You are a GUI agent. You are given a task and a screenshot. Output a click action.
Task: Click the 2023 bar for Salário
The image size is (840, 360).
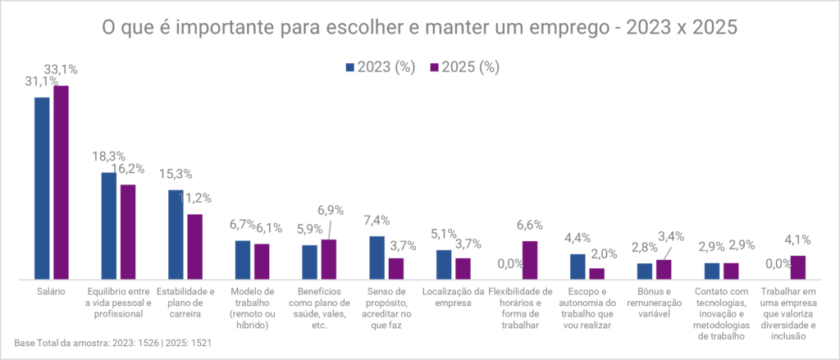pyautogui.click(x=42, y=189)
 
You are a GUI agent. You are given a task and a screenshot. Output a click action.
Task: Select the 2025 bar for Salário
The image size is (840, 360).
pyautogui.click(x=61, y=183)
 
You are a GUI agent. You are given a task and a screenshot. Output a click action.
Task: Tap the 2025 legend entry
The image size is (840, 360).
pyautogui.click(x=465, y=67)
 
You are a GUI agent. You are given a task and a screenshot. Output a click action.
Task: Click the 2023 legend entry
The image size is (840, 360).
pyautogui.click(x=381, y=67)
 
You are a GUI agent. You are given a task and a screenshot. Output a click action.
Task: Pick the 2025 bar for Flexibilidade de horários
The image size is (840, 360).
pyautogui.click(x=530, y=261)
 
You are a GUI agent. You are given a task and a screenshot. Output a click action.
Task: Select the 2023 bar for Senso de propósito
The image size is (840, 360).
pyautogui.click(x=377, y=258)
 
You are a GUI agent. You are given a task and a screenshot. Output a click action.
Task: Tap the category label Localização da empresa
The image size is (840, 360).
pyautogui.click(x=453, y=297)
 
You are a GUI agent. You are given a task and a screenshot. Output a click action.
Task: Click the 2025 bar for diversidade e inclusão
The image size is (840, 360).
pyautogui.click(x=797, y=268)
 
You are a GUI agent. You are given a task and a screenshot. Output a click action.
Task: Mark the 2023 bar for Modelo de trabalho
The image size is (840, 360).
pyautogui.click(x=243, y=261)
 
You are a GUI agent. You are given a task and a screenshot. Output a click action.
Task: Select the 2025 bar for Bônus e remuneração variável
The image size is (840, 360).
pyautogui.click(x=664, y=270)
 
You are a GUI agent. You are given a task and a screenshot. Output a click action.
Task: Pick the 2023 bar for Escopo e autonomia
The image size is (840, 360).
pyautogui.click(x=577, y=267)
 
